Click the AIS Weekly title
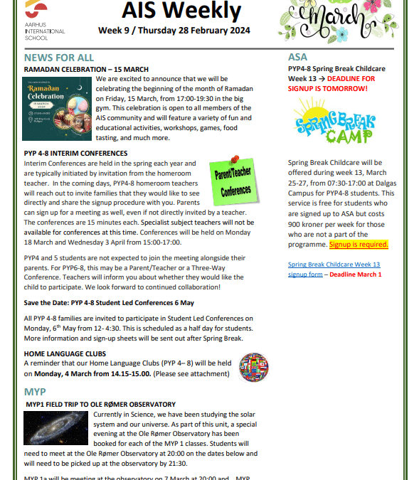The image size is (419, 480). (181, 11)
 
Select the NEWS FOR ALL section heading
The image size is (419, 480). (58, 58)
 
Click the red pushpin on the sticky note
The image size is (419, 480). (235, 161)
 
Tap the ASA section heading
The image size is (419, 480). (298, 58)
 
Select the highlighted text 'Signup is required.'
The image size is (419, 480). (359, 245)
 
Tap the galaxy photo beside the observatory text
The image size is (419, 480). (55, 427)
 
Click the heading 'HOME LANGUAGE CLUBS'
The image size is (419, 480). (65, 353)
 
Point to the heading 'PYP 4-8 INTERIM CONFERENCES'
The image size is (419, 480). (75, 153)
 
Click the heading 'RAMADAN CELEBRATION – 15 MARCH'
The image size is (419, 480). (86, 69)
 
